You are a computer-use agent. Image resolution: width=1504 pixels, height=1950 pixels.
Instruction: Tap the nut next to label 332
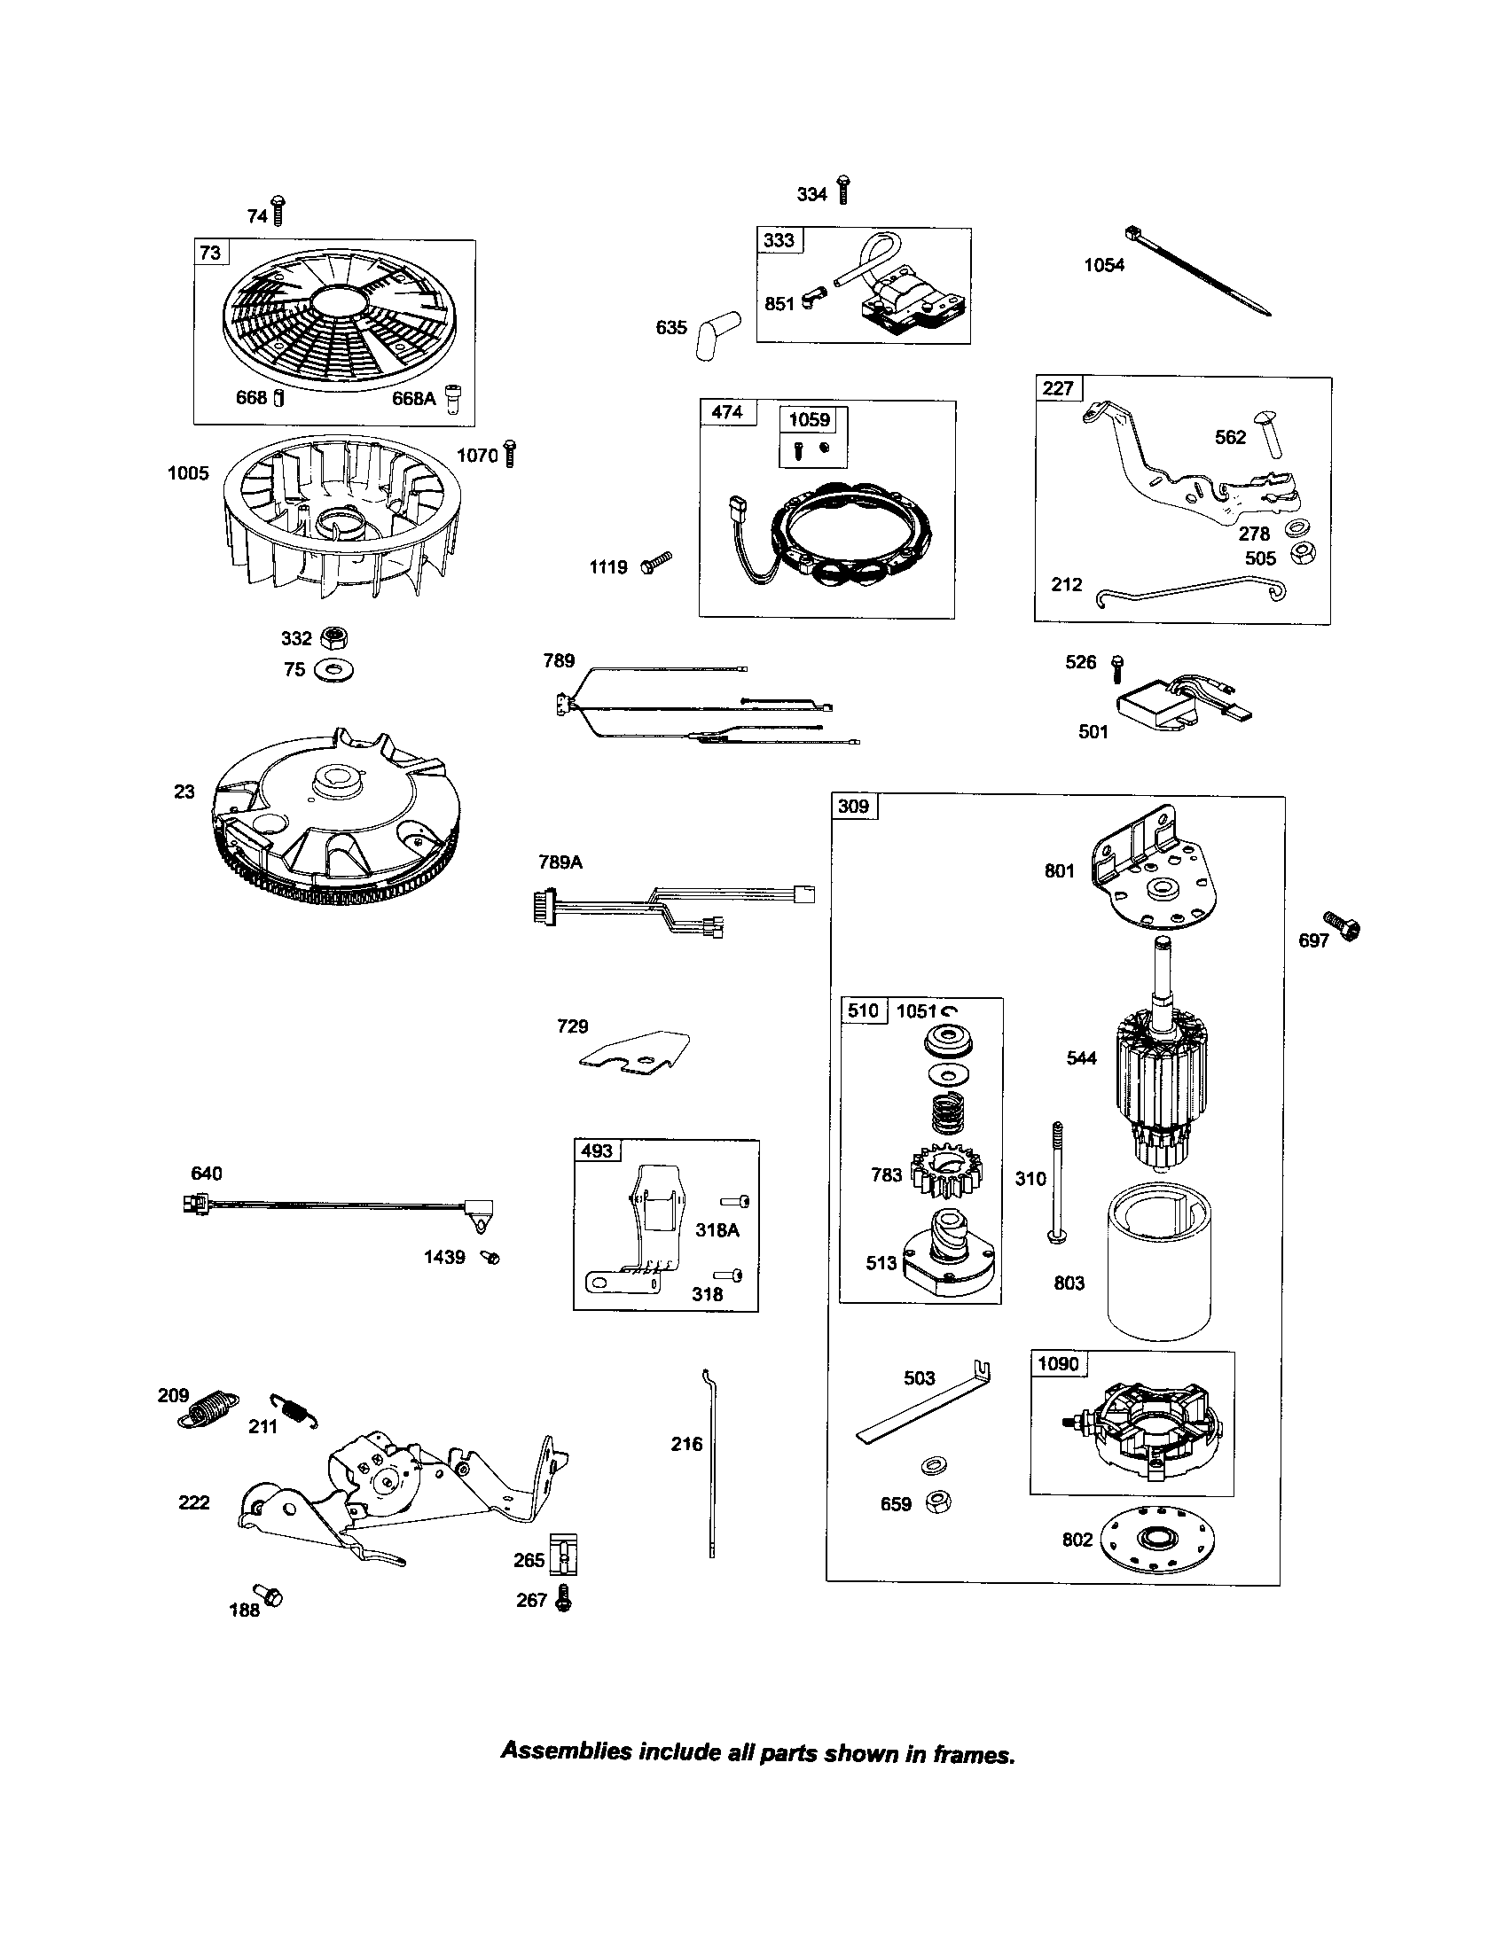336,637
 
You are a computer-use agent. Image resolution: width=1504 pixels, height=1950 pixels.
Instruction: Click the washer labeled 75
337,668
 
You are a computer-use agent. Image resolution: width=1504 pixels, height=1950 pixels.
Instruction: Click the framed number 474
726,412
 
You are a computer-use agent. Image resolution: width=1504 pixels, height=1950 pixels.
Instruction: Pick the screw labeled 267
563,1597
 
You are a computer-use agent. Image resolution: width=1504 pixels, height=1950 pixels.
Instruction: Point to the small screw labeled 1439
490,1257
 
